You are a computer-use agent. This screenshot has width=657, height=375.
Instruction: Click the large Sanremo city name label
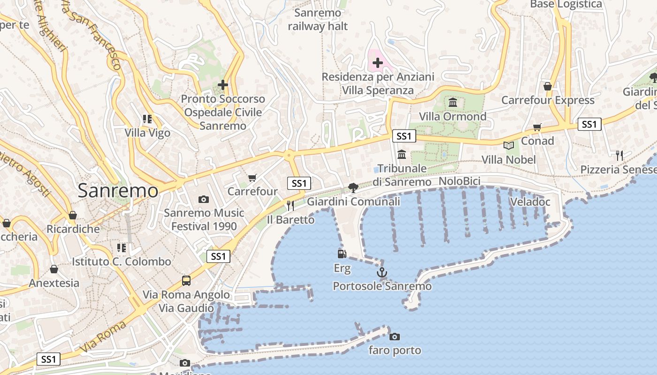click(x=118, y=190)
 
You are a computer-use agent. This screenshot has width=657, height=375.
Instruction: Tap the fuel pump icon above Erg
click(x=342, y=254)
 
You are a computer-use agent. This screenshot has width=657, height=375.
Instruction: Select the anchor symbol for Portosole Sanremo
click(x=382, y=272)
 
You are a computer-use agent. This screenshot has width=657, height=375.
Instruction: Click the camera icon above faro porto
click(x=395, y=337)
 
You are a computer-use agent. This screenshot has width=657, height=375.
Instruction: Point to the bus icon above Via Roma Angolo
click(x=186, y=281)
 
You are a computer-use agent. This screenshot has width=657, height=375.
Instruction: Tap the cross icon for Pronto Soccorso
click(x=223, y=85)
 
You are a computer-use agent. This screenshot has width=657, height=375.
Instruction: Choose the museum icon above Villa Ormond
click(x=453, y=102)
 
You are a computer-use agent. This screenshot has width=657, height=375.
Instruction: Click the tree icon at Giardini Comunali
click(x=353, y=188)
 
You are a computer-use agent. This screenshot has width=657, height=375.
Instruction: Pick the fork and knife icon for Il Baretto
click(x=290, y=205)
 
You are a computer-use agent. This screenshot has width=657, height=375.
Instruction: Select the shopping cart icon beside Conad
click(x=537, y=127)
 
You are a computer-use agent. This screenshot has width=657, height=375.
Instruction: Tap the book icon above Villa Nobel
click(x=509, y=145)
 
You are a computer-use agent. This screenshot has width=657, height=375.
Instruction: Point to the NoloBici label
click(x=459, y=181)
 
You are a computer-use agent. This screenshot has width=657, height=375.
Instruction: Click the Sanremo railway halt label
click(x=318, y=20)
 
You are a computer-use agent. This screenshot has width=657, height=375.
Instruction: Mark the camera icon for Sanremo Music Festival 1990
click(x=204, y=199)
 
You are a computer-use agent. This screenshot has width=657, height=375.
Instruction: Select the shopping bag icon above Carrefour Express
click(x=547, y=86)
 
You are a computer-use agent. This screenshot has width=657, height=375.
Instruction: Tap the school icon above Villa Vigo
click(x=147, y=119)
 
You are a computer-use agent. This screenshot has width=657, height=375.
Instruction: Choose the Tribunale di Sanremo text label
click(x=402, y=175)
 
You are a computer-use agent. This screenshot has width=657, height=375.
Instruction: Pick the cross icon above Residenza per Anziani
click(x=378, y=62)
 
